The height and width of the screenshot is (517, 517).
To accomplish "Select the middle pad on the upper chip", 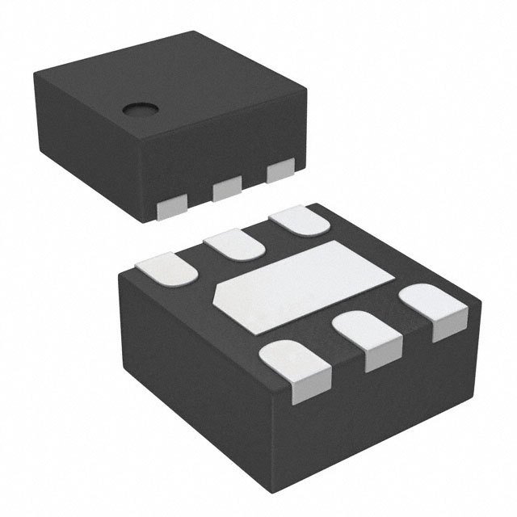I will (228, 190).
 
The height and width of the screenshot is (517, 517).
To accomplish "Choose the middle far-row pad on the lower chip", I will (231, 244).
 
